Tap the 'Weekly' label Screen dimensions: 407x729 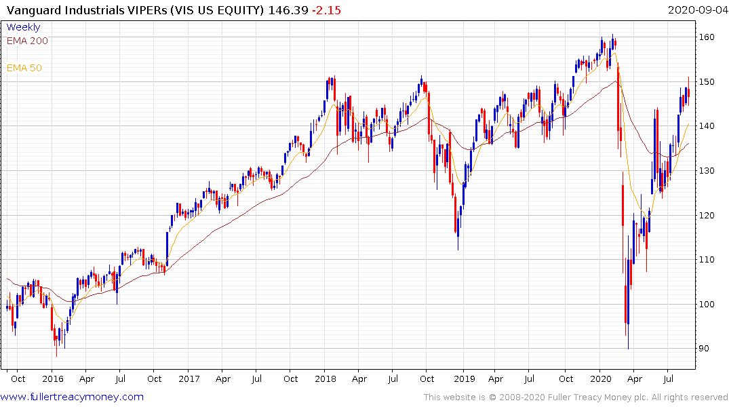(23, 27)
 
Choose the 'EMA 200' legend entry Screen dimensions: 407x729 (27, 41)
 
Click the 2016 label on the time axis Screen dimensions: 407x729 (52, 379)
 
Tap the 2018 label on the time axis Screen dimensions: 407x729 (326, 379)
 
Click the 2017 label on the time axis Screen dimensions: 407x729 (189, 379)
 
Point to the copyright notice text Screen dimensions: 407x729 (576, 397)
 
